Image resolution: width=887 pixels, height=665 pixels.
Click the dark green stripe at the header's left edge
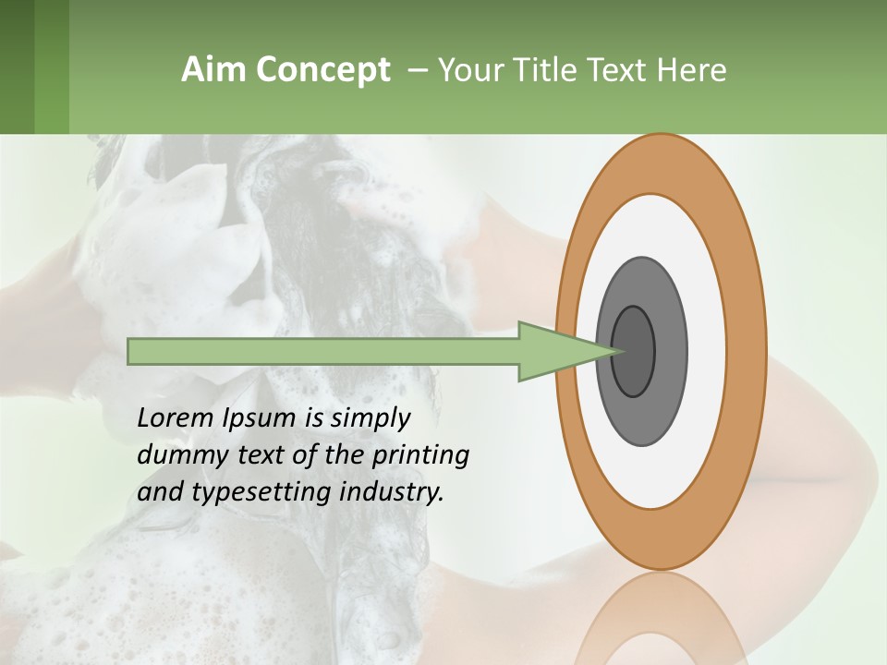[x=17, y=66]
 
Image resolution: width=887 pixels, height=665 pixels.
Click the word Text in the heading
[x=619, y=70]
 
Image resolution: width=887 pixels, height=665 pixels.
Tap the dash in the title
[x=417, y=70]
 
